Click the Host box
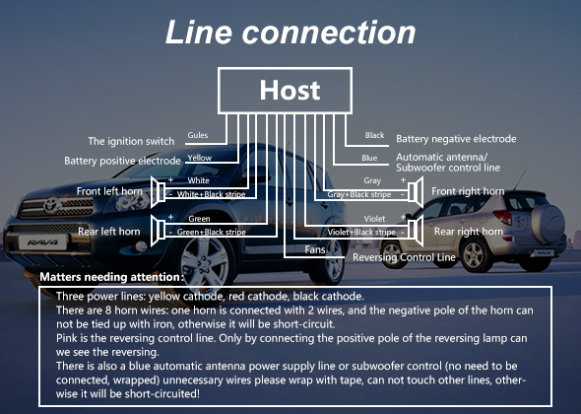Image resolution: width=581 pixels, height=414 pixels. [285, 91]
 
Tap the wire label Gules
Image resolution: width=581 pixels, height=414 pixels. [198, 135]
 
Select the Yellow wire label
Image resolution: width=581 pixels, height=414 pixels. [199, 158]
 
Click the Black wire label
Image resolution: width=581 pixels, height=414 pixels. [374, 135]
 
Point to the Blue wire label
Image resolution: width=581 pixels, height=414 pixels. [369, 158]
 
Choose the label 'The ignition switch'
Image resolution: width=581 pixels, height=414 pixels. [131, 141]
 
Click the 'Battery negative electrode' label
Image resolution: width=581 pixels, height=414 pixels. [456, 139]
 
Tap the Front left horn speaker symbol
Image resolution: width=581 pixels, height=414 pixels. [158, 192]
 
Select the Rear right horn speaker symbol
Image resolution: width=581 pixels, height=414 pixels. [416, 231]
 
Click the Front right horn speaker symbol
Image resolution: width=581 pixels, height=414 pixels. [416, 192]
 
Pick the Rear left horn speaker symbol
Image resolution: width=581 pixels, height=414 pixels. [158, 231]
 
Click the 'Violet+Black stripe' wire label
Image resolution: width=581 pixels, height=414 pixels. [361, 233]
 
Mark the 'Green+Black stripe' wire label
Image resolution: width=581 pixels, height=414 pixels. [211, 233]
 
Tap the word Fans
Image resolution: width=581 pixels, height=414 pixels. [315, 249]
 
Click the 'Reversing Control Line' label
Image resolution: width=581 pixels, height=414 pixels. [404, 257]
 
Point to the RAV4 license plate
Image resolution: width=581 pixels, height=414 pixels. [42, 242]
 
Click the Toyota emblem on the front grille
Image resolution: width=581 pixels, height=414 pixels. [52, 205]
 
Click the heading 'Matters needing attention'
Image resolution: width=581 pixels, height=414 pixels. [111, 277]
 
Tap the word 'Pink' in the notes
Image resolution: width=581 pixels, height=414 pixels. [65, 338]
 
